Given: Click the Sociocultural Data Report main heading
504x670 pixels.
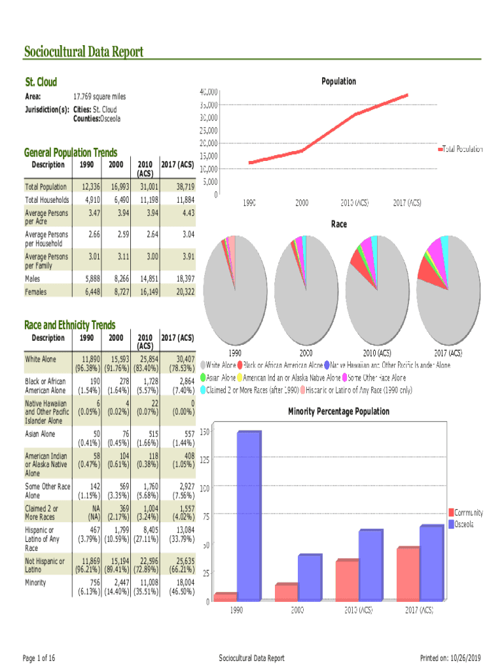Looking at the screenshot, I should [x=83, y=52].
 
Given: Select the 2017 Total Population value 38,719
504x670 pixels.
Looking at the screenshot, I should [x=183, y=186].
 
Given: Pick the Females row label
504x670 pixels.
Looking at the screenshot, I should [x=36, y=291].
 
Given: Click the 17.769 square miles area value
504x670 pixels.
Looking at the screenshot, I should [x=99, y=96].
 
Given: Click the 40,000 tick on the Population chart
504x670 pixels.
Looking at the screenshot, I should [x=209, y=92].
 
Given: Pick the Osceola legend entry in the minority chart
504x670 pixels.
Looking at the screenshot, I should [x=464, y=524].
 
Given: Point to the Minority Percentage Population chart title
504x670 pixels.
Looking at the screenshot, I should [x=338, y=412].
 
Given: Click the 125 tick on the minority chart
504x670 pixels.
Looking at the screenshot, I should [x=205, y=459].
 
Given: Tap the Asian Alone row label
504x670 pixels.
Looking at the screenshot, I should [x=40, y=434].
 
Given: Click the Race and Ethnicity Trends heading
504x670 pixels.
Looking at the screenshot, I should [x=69, y=325].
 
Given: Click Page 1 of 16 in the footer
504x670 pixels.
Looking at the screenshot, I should [x=39, y=658].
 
